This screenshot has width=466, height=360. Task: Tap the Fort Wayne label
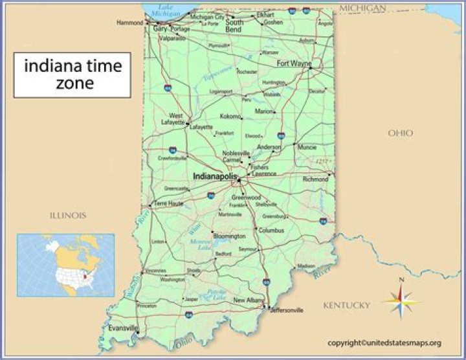[293, 63]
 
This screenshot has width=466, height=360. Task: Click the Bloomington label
[230, 236]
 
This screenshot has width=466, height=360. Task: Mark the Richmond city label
[316, 179]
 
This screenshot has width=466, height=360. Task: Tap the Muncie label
[307, 147]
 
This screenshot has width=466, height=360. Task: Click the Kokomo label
[230, 117]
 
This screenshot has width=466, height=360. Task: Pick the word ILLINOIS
[69, 215]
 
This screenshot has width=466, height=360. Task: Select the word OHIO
[400, 133]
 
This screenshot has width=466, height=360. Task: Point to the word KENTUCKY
[347, 305]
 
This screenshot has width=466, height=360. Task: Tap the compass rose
[401, 300]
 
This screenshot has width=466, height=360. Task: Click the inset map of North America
[65, 265]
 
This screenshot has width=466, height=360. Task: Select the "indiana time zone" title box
[72, 74]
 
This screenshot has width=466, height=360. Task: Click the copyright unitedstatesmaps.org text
[384, 343]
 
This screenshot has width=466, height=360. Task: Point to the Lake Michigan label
[165, 10]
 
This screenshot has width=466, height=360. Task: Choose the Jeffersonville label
[286, 310]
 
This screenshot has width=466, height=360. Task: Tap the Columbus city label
[271, 230]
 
